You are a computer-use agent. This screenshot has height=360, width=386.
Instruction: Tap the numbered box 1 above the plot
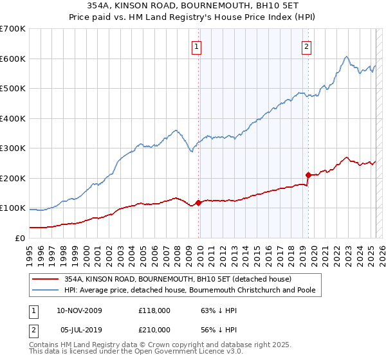pos(196,46)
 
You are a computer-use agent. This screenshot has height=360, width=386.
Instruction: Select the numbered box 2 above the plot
pos(306,46)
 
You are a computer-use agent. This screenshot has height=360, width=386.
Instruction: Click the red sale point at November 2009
pos(198,203)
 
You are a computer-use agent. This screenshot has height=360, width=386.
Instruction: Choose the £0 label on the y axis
pos(19,238)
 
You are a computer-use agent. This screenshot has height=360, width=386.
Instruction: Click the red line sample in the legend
pos(46,279)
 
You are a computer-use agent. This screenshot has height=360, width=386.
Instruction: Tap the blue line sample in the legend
pos(46,291)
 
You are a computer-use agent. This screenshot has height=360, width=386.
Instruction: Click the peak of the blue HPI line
pos(346,57)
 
